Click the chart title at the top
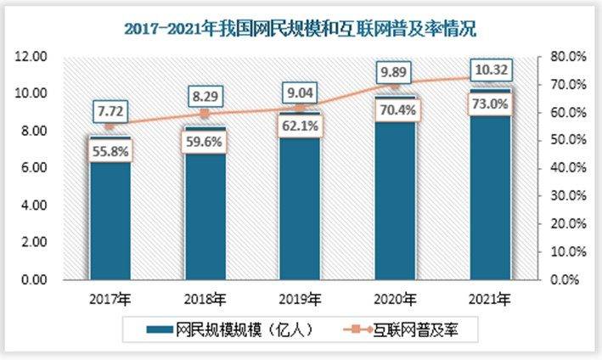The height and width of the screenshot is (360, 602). pos(301,29)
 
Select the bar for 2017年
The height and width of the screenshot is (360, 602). pos(110,221)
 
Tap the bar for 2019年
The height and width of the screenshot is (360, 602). pos(301,212)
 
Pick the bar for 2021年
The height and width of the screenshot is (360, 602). pos(490,204)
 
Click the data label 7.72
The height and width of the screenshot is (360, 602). pos(110,112)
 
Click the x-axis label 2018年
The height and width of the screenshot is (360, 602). pos(205,299)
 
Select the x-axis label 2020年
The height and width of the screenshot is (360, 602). pos(396,299)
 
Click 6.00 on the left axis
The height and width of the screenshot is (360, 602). pos(32,168)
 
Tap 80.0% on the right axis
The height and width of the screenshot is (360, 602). pos(563,56)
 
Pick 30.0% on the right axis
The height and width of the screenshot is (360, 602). pos(563,196)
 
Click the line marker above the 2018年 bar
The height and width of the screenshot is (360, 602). pos(205,114)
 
